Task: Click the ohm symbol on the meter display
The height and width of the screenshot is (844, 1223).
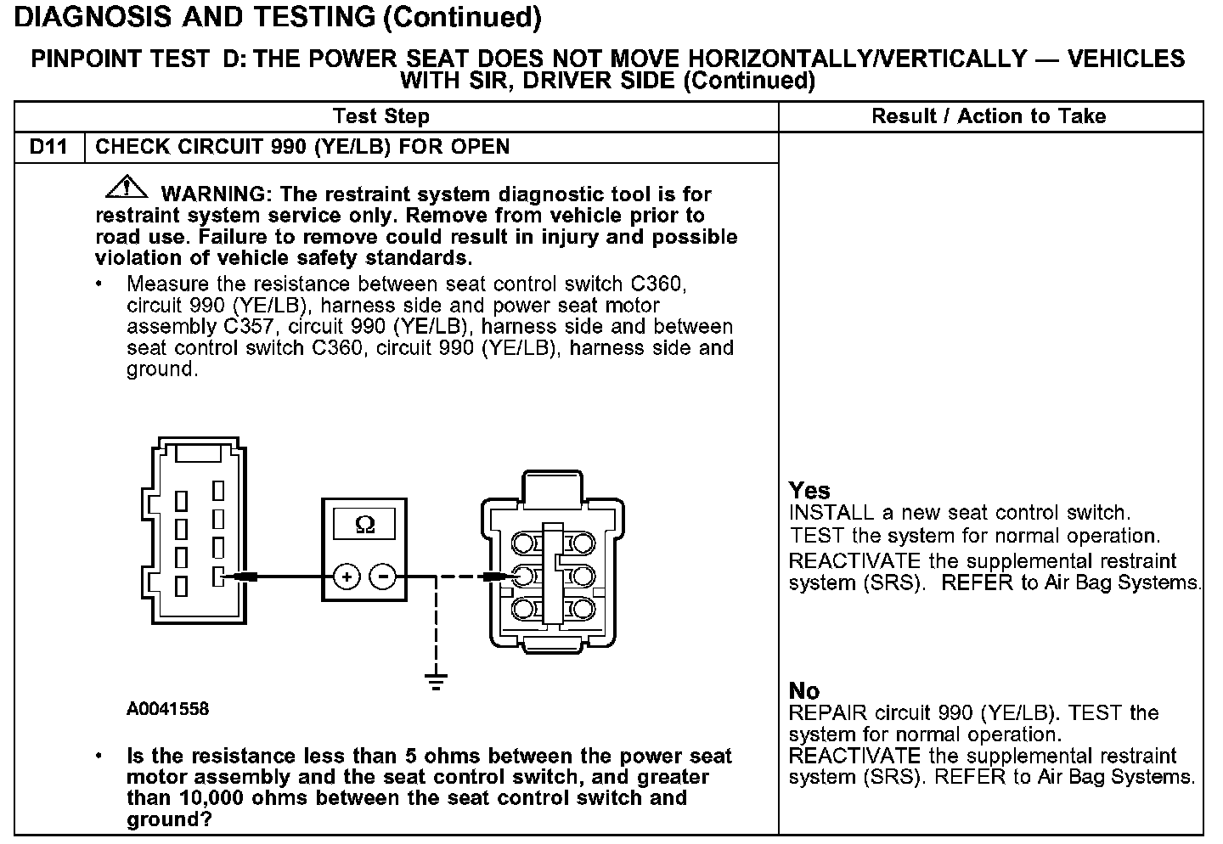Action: pos(365,526)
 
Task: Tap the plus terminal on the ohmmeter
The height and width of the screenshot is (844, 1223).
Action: pos(347,577)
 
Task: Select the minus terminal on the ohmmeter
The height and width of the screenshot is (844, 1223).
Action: pos(384,577)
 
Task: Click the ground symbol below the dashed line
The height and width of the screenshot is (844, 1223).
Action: pos(436,681)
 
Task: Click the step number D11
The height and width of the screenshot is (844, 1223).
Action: pos(48,147)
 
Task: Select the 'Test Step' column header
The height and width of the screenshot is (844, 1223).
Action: pos(381,116)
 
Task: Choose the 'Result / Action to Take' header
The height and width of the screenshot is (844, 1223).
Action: pos(989,116)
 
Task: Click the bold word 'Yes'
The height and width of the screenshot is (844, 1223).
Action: pos(809,491)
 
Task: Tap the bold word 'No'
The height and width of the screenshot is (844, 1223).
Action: pos(804,691)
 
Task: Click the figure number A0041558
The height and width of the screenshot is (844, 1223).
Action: pos(168,709)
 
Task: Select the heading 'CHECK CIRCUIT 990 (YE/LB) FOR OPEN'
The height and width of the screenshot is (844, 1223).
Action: pos(302,147)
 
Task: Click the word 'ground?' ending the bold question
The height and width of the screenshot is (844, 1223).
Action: pos(169,819)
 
